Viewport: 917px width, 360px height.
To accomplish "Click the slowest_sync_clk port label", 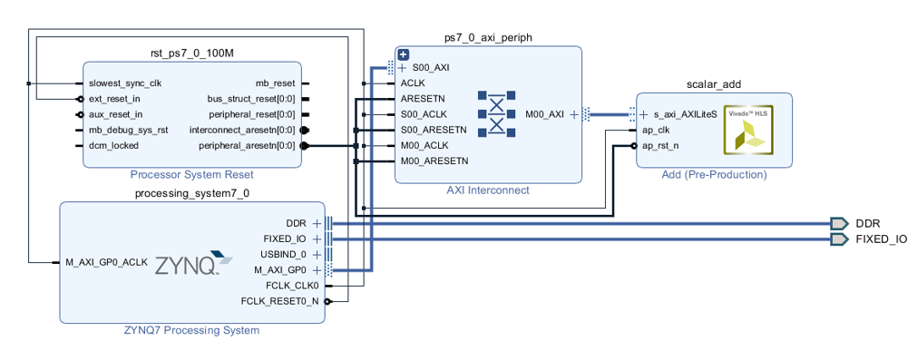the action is coord(125,83).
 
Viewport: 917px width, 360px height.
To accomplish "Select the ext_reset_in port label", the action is coord(114,99).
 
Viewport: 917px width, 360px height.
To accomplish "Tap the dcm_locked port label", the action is coord(113,145).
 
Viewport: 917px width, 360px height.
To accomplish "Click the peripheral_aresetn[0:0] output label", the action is coord(247,145).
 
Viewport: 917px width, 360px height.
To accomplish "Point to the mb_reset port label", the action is coord(276,83).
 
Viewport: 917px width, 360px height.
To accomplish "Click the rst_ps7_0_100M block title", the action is coord(192,54).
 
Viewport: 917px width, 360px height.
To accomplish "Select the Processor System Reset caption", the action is coord(191,175).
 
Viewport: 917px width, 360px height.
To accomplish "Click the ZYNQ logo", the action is coord(193,264).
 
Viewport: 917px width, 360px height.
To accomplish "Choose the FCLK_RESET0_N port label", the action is coord(280,302).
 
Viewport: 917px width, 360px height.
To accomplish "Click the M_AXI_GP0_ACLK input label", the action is coord(106,262).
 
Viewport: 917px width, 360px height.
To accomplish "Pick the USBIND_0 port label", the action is coord(283,254).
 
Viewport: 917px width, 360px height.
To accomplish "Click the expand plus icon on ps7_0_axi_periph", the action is coord(403,55).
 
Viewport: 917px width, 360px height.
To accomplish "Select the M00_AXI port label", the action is coord(545,114).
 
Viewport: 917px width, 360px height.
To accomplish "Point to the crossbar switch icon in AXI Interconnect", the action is coord(496,114).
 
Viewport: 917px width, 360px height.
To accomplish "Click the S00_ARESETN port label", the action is coord(434,130).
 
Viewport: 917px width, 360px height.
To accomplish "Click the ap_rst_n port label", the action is coord(660,145).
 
